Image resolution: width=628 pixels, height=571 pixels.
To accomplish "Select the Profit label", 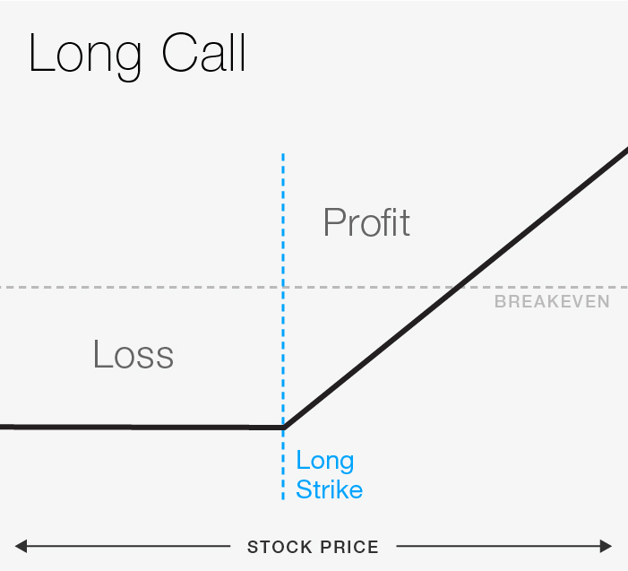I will pyautogui.click(x=366, y=221).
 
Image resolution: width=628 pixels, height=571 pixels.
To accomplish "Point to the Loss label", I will pyautogui.click(x=133, y=355).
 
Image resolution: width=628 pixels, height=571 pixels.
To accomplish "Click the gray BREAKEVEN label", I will pyautogui.click(x=552, y=302).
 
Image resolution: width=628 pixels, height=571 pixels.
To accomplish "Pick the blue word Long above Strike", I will pyautogui.click(x=325, y=462).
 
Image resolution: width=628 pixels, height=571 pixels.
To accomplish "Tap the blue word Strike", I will pyautogui.click(x=329, y=489).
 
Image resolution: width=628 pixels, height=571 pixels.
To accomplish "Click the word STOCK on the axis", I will pyautogui.click(x=276, y=547).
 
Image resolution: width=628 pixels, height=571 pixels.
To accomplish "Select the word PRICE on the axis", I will pyautogui.click(x=347, y=547).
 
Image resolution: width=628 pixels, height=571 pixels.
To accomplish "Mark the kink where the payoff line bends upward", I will pyautogui.click(x=283, y=428).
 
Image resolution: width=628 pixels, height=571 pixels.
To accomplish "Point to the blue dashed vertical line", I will pyautogui.click(x=283, y=224).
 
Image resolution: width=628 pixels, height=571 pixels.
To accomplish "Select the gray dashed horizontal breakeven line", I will pyautogui.click(x=134, y=287).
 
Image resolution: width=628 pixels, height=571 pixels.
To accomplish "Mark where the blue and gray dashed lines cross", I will pyautogui.click(x=283, y=287).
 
